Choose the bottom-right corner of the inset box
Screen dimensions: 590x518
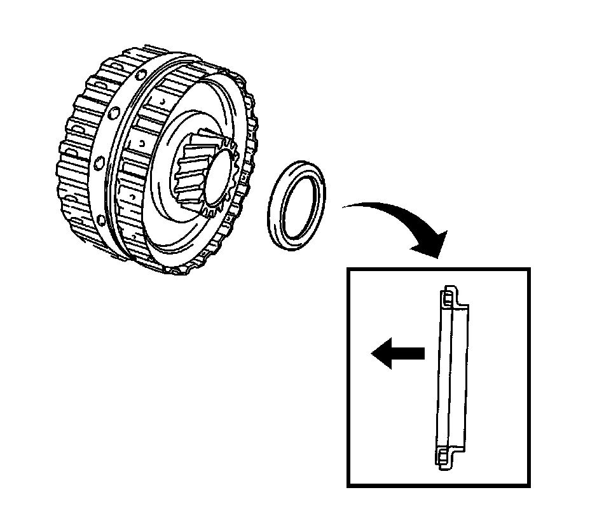(528, 486)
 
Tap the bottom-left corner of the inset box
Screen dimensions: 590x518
(348, 486)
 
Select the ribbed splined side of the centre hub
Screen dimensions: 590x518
(191, 172)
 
